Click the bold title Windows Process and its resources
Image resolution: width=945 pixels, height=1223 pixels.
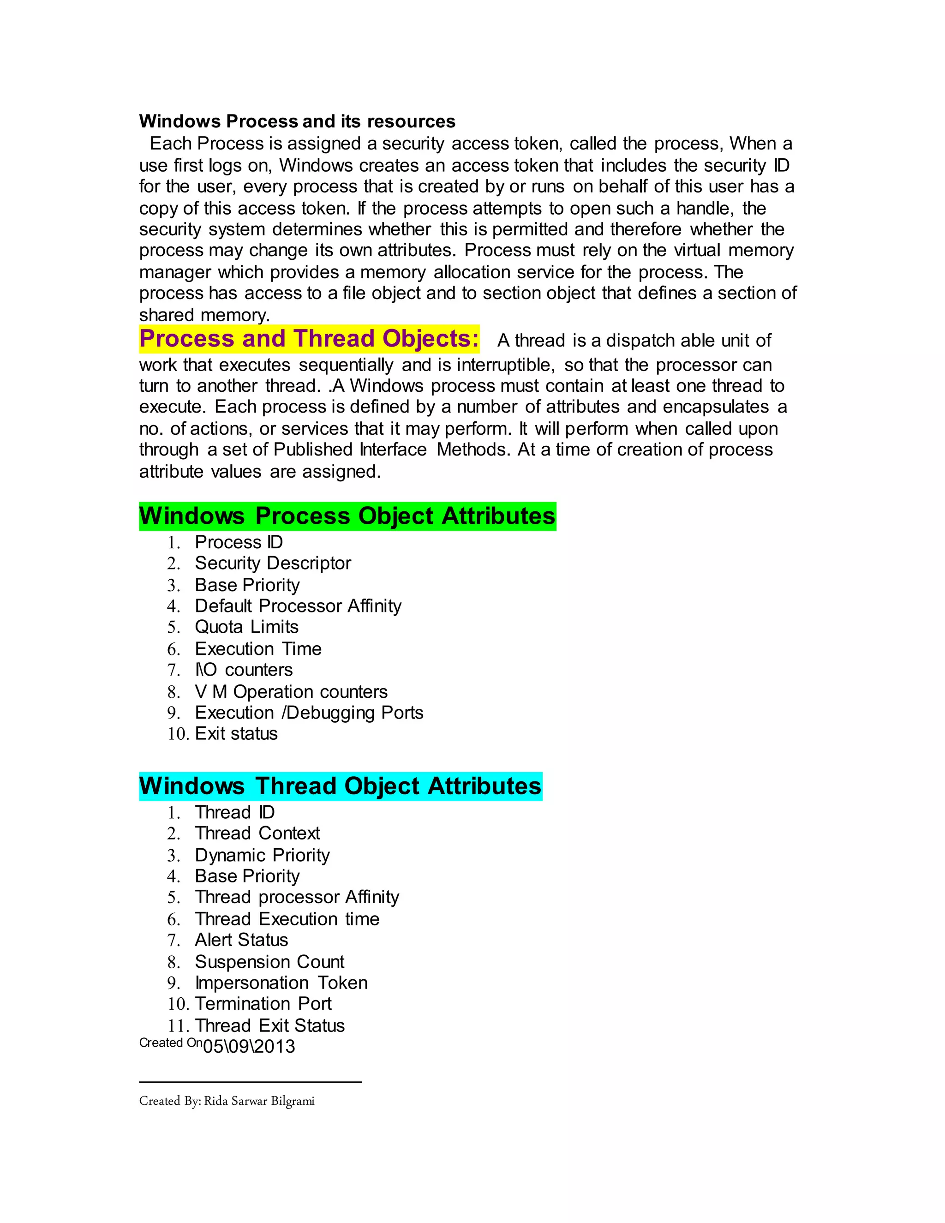pyautogui.click(x=297, y=121)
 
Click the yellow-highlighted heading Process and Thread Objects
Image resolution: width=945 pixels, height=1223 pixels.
pyautogui.click(x=309, y=339)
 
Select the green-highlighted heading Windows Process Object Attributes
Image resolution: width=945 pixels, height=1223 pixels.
pyautogui.click(x=347, y=516)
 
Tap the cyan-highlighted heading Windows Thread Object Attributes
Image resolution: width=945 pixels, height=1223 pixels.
pyautogui.click(x=341, y=786)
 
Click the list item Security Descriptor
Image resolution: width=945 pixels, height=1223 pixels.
pyautogui.click(x=273, y=564)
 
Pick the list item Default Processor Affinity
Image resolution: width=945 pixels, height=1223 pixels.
pyautogui.click(x=298, y=606)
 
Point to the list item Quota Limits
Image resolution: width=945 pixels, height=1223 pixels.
pyautogui.click(x=246, y=627)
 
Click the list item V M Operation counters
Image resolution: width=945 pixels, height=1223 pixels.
pyautogui.click(x=291, y=692)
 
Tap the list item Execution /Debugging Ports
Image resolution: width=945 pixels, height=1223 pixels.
pyautogui.click(x=309, y=713)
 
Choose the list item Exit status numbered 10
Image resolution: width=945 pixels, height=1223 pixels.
pyautogui.click(x=236, y=734)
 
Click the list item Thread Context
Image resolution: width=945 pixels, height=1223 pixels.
pyautogui.click(x=257, y=834)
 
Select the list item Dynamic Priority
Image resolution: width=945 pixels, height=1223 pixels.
pyautogui.click(x=262, y=856)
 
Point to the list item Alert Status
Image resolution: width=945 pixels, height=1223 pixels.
pyautogui.click(x=241, y=940)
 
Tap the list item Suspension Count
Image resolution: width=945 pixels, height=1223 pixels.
pyautogui.click(x=269, y=962)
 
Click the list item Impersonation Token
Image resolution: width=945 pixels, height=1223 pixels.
pyautogui.click(x=281, y=983)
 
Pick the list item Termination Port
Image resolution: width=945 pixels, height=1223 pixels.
pyautogui.click(x=263, y=1004)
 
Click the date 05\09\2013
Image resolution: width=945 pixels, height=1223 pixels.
pyautogui.click(x=249, y=1047)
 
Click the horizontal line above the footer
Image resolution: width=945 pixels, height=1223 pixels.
pyautogui.click(x=250, y=1082)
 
